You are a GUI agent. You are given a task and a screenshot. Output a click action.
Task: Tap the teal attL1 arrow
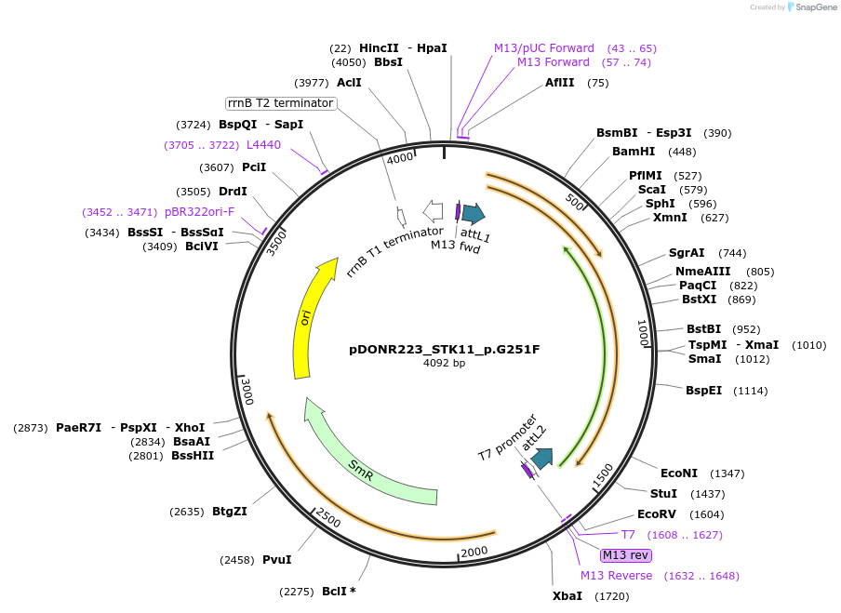(x=474, y=214)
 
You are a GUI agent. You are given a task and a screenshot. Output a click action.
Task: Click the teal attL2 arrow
(x=541, y=457)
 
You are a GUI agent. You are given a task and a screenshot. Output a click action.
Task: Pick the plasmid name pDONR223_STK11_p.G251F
(x=444, y=350)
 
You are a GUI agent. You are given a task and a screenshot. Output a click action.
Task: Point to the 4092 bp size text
(x=444, y=363)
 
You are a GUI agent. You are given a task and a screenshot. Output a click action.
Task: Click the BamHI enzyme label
(x=634, y=152)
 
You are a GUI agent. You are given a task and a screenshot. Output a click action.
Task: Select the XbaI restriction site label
(x=567, y=595)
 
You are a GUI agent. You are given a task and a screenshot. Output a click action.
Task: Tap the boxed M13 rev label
(x=626, y=555)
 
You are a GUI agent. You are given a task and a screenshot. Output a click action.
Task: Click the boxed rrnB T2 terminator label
(x=280, y=102)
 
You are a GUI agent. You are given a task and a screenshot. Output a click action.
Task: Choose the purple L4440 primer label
(x=263, y=145)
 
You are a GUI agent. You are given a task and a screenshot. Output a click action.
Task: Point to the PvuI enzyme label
(x=276, y=560)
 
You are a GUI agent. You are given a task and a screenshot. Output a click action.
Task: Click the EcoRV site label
(x=657, y=514)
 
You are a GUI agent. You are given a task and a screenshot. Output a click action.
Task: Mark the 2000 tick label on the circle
(x=474, y=551)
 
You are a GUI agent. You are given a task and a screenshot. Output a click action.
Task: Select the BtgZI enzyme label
(x=230, y=511)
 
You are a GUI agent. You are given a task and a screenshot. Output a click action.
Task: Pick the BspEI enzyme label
(x=704, y=391)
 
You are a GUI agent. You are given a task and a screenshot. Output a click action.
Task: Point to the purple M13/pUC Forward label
(x=544, y=48)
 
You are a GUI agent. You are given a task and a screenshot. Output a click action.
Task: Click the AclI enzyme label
(x=349, y=83)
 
